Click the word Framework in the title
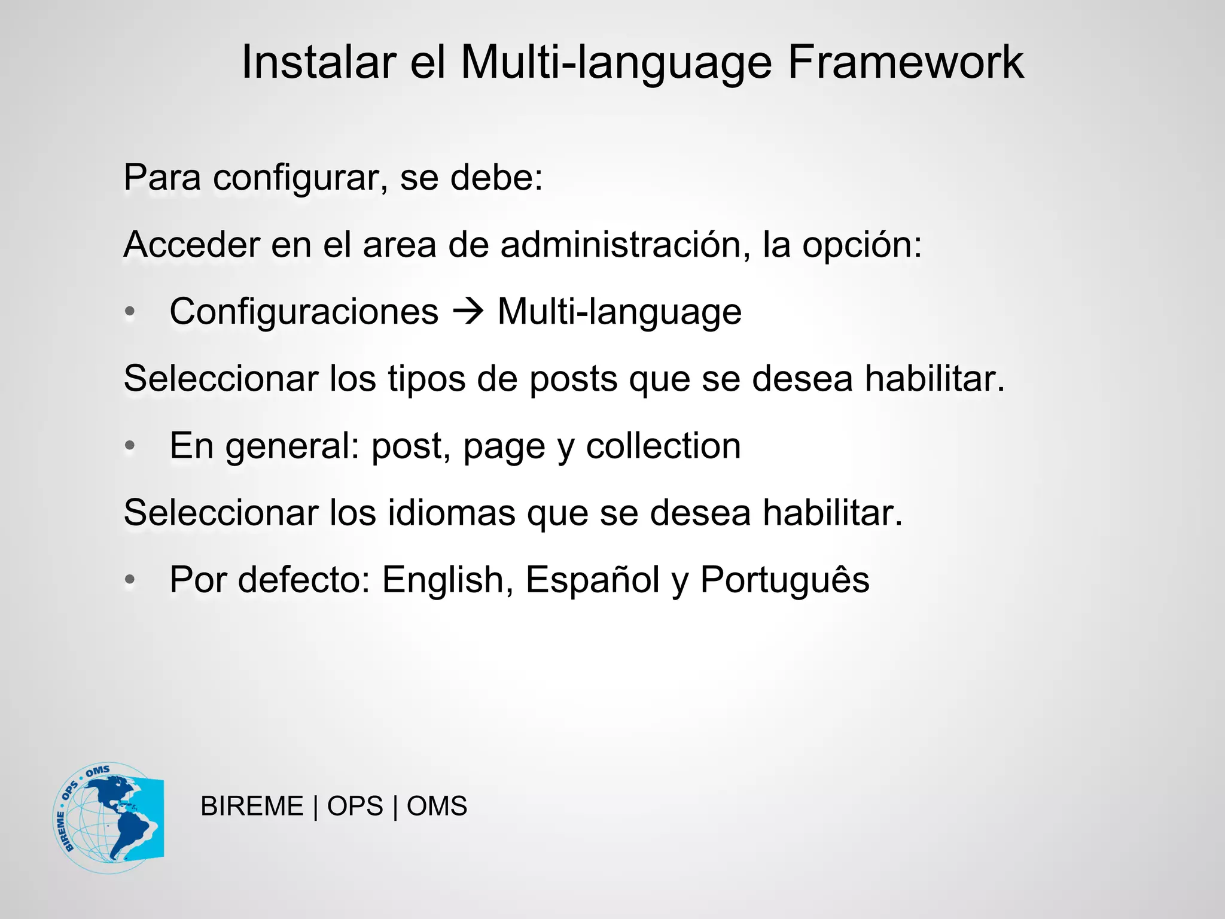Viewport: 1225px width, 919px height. point(905,62)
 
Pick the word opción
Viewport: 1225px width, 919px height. point(862,245)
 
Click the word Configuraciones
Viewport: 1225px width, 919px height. point(304,312)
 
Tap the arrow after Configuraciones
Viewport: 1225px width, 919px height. point(468,312)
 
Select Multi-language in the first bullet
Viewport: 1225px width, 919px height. point(620,312)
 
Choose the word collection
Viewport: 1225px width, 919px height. point(663,446)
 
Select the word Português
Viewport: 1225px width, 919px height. point(785,580)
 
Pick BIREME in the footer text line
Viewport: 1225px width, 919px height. point(252,807)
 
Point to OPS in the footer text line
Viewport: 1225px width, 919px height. point(355,807)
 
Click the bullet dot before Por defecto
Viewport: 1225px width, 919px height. point(130,580)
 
